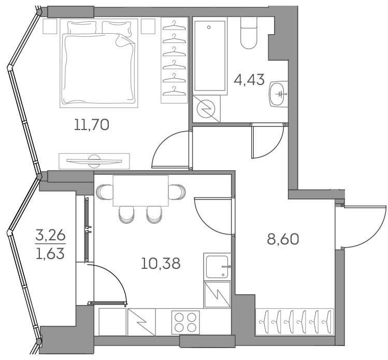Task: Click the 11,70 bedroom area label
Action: click(92, 125)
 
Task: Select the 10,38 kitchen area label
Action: click(161, 264)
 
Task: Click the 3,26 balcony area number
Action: click(50, 236)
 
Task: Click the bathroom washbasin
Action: click(279, 94)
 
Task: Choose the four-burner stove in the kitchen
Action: click(185, 322)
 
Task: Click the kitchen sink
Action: click(217, 266)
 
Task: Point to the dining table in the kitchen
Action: click(140, 191)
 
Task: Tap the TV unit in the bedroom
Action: click(94, 161)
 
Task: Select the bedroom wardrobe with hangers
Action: click(174, 60)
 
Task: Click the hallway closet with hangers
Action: click(293, 321)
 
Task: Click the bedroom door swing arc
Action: click(168, 150)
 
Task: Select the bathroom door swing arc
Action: click(267, 142)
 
